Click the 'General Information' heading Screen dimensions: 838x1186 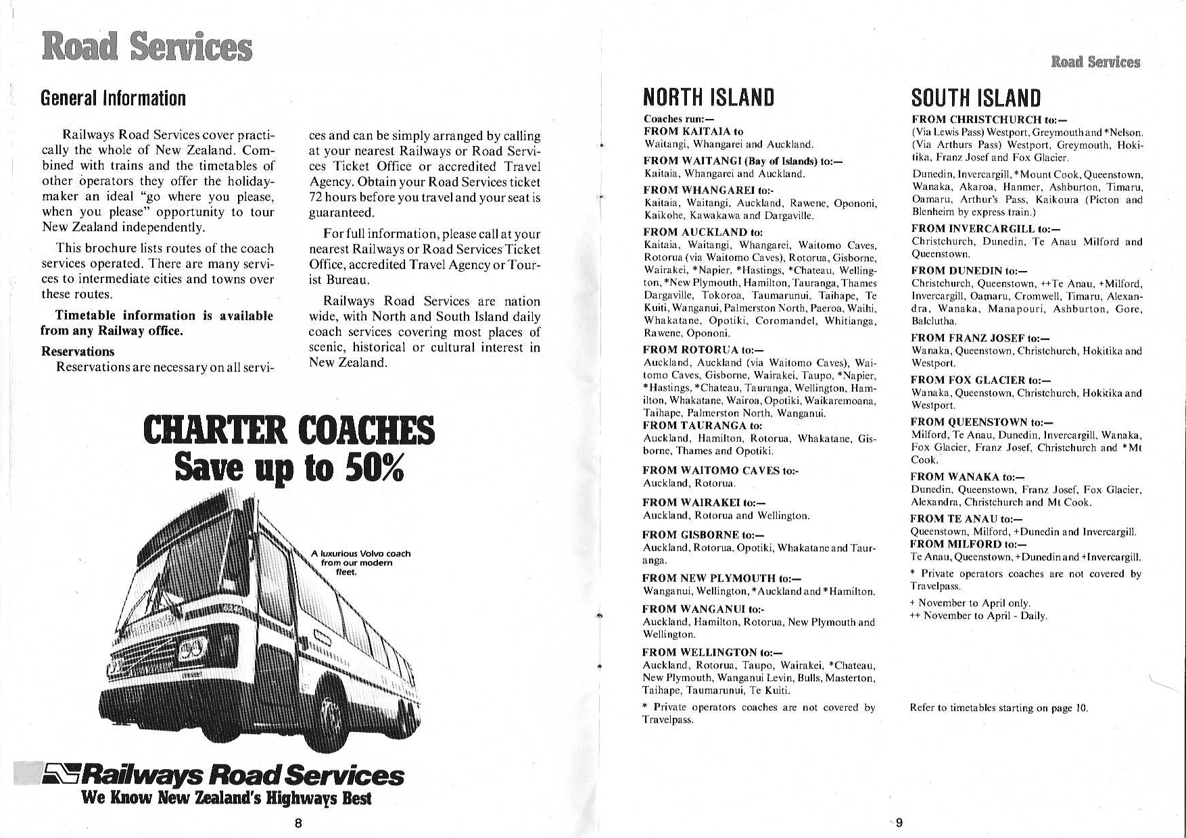click(113, 99)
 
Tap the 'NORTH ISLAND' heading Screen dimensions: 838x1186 click(708, 98)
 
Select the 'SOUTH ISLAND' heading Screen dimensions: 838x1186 click(976, 98)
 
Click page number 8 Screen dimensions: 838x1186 click(298, 822)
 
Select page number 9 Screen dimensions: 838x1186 click(899, 822)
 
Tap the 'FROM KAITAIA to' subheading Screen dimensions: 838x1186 click(693, 132)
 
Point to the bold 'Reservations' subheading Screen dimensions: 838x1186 click(78, 351)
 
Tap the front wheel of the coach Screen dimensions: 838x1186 click(333, 716)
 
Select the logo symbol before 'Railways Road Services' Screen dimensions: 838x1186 click(61, 774)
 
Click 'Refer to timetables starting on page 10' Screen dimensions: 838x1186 click(999, 708)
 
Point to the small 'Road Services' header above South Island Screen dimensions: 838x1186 click(1095, 62)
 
